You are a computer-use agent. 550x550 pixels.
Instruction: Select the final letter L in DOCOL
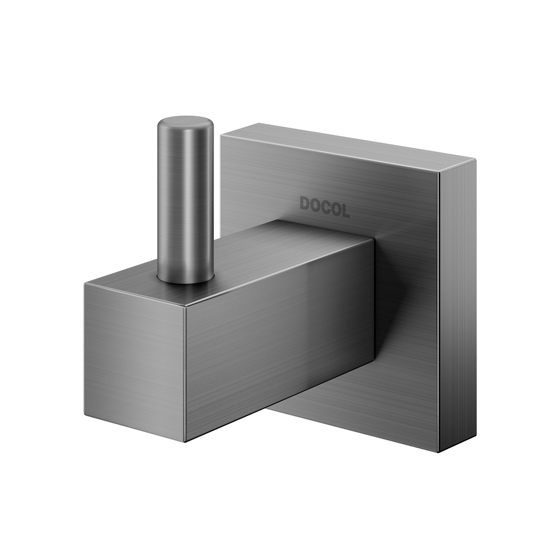point(345,210)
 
